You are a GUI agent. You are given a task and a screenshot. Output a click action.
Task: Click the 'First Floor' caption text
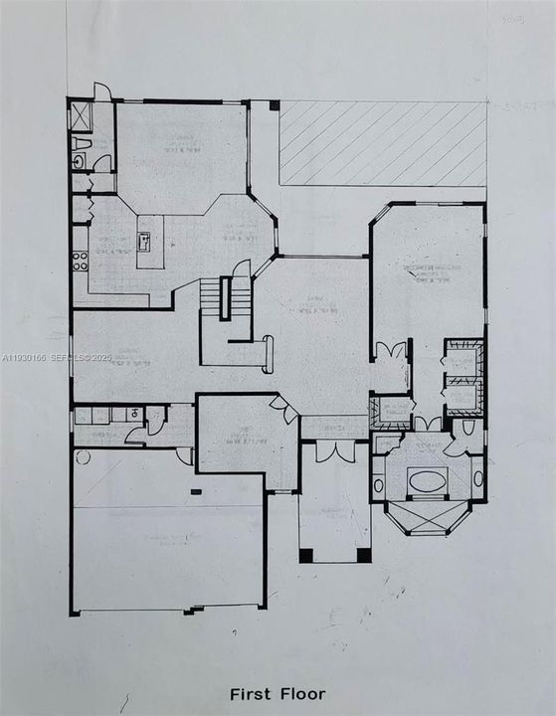278,693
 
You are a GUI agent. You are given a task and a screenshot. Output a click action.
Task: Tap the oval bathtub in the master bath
428,481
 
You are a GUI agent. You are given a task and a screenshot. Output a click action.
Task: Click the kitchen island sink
144,240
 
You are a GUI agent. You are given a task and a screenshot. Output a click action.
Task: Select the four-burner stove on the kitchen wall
80,262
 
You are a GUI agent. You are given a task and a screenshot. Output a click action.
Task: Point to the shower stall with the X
80,116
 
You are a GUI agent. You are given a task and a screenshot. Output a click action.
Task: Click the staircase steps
211,295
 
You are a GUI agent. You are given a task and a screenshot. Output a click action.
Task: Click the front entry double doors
333,450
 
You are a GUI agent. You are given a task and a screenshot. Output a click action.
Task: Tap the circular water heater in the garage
82,457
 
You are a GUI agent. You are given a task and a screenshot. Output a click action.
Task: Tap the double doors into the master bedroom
392,352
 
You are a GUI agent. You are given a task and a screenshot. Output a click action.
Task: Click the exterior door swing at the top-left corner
102,91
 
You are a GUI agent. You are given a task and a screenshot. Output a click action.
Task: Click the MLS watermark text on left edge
58,357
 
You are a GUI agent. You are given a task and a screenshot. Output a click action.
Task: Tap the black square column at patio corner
275,104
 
